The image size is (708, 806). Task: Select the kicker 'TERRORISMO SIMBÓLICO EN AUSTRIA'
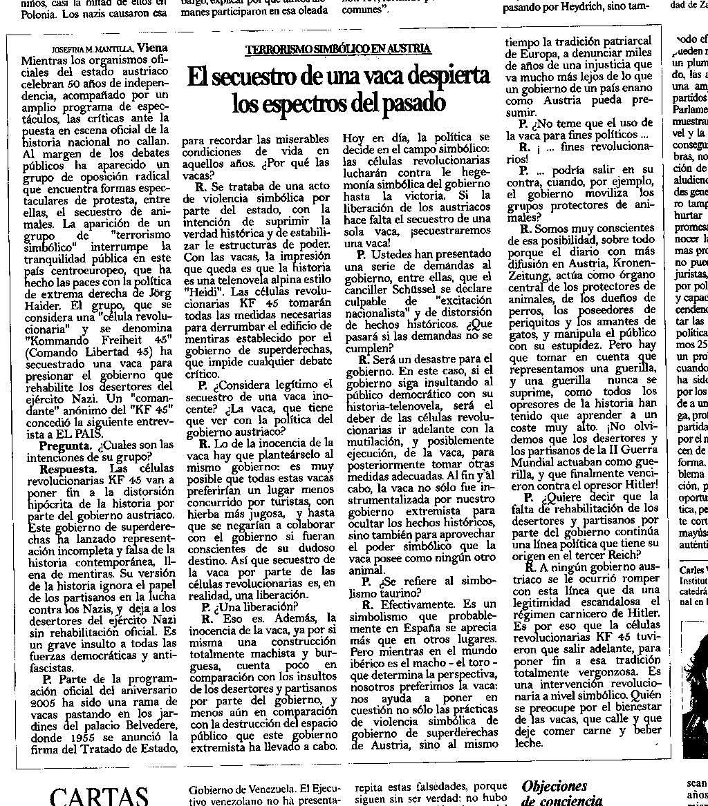[x=338, y=49]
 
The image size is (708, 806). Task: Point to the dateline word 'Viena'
[x=152, y=48]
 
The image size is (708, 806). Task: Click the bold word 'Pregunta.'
[x=66, y=444]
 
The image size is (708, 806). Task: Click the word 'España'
[x=416, y=629]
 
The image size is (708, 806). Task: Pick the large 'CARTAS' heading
[x=100, y=796]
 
